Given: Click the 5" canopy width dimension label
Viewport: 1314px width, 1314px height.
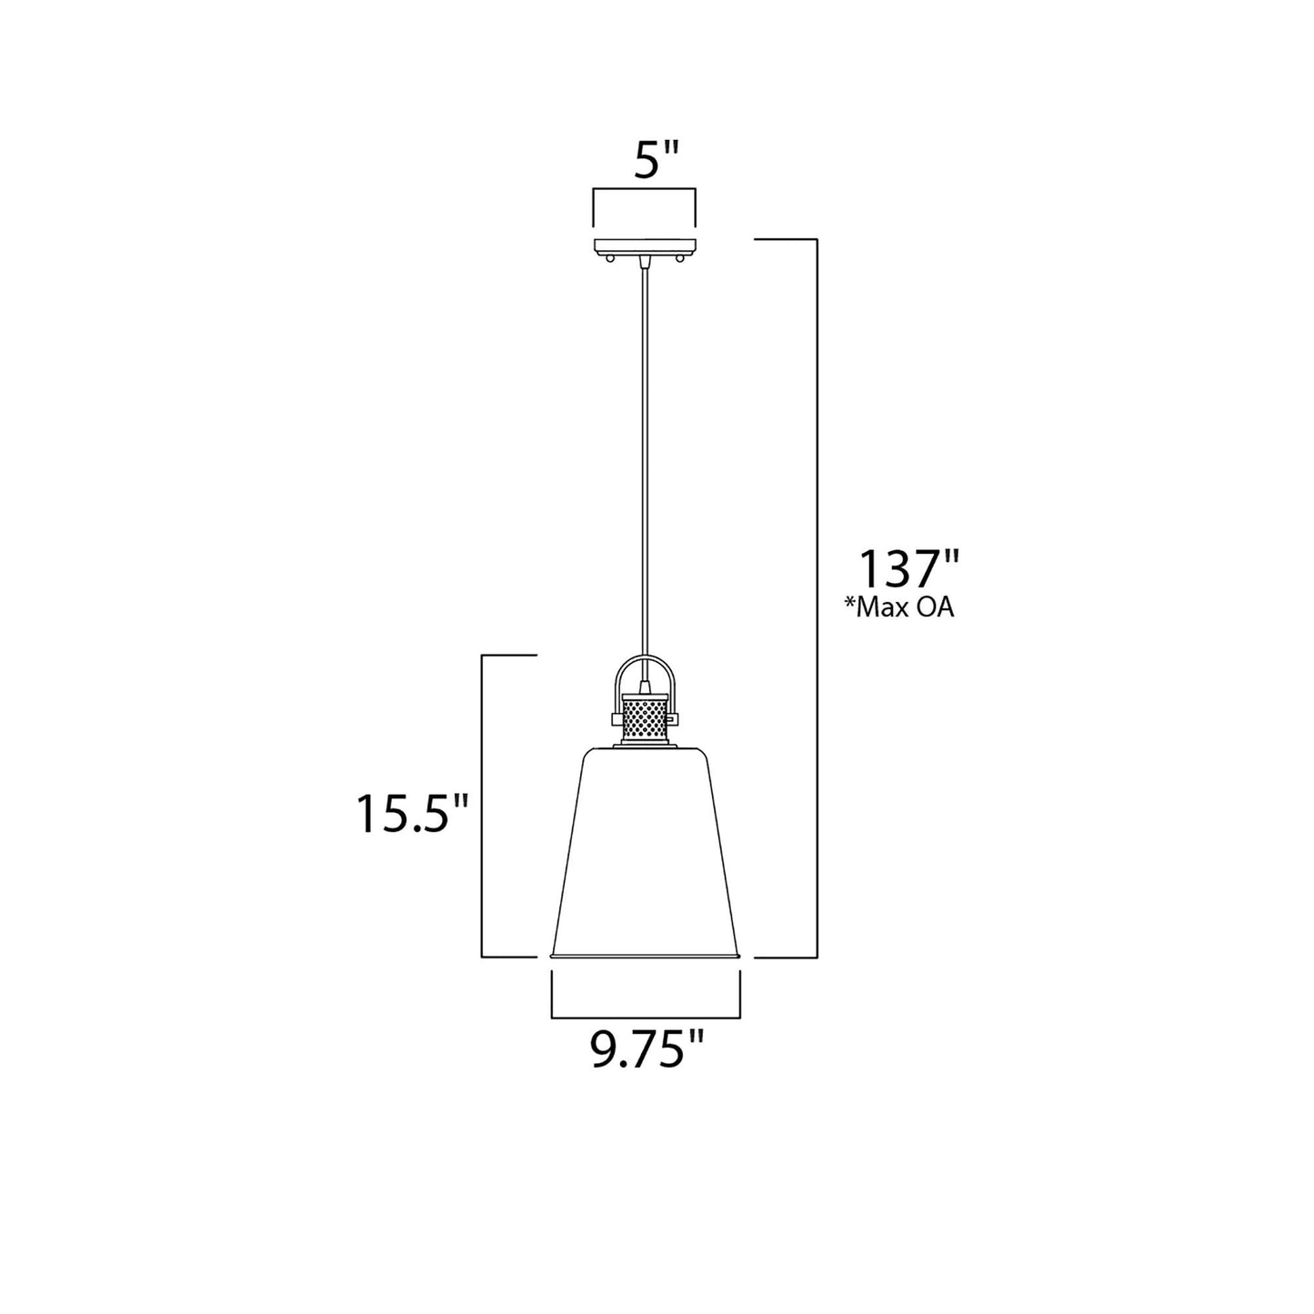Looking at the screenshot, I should (645, 161).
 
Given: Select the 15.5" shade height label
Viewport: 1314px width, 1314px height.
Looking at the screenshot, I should (412, 814).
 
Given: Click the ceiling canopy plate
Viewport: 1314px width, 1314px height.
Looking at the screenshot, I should (645, 246).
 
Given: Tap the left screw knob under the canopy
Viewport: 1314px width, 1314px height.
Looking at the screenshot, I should (610, 260).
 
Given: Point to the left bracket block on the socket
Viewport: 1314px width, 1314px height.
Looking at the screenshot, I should (616, 718).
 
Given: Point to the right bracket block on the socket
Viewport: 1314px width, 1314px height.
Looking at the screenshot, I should (674, 718).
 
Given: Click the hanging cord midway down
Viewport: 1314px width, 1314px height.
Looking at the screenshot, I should (645, 455).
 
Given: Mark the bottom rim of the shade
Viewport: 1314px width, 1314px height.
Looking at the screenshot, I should (646, 956).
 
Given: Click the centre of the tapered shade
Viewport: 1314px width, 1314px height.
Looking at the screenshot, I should (646, 850).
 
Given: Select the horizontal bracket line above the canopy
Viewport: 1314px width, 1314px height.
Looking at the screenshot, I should (645, 189).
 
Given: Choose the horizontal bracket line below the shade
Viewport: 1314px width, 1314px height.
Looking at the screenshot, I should (646, 1015).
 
